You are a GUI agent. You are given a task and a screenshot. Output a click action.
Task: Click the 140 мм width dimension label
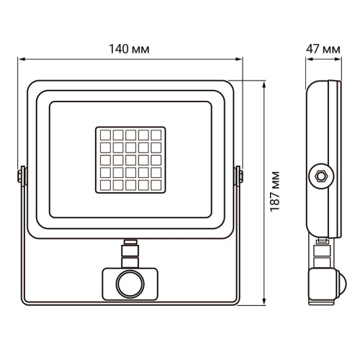point(130,49)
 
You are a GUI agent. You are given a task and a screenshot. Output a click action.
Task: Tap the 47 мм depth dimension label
point(322,49)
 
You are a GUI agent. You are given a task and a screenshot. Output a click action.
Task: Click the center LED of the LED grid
point(130,159)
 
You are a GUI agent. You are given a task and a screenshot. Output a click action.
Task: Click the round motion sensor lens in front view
point(130,282)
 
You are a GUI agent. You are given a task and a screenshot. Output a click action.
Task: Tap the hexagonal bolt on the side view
point(320,174)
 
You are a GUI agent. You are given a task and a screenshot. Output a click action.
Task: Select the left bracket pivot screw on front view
point(20,176)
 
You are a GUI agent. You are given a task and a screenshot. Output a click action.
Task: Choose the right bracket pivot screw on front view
point(240,176)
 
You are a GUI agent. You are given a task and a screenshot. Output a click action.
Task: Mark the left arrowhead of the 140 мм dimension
point(21,60)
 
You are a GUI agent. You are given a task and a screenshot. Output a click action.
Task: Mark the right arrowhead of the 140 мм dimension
point(239,60)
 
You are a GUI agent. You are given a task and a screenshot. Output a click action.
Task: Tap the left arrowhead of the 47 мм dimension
point(305,60)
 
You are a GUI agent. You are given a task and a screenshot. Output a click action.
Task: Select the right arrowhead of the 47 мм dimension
point(338,60)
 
